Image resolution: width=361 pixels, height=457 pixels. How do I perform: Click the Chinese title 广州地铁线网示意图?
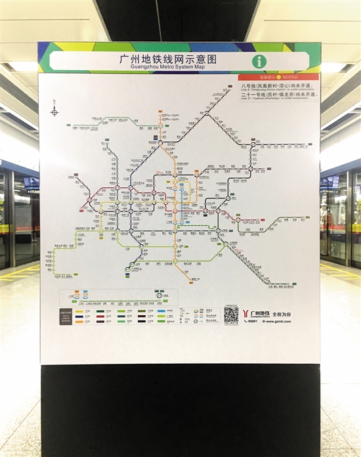tap(175, 58)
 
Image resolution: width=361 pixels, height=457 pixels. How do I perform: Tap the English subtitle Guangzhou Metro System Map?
tap(175, 67)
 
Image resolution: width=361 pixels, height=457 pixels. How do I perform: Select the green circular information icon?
tap(260, 61)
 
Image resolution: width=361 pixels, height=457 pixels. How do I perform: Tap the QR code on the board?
tap(230, 314)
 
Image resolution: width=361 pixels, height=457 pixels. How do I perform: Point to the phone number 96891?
tap(251, 322)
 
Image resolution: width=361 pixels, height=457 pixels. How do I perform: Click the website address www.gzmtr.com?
tap(278, 322)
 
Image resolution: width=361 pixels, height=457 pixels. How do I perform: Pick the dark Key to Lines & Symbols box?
tap(66, 315)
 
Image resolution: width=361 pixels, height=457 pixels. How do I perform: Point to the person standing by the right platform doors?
tap(328, 230)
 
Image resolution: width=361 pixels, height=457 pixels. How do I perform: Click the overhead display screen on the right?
tap(329, 182)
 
